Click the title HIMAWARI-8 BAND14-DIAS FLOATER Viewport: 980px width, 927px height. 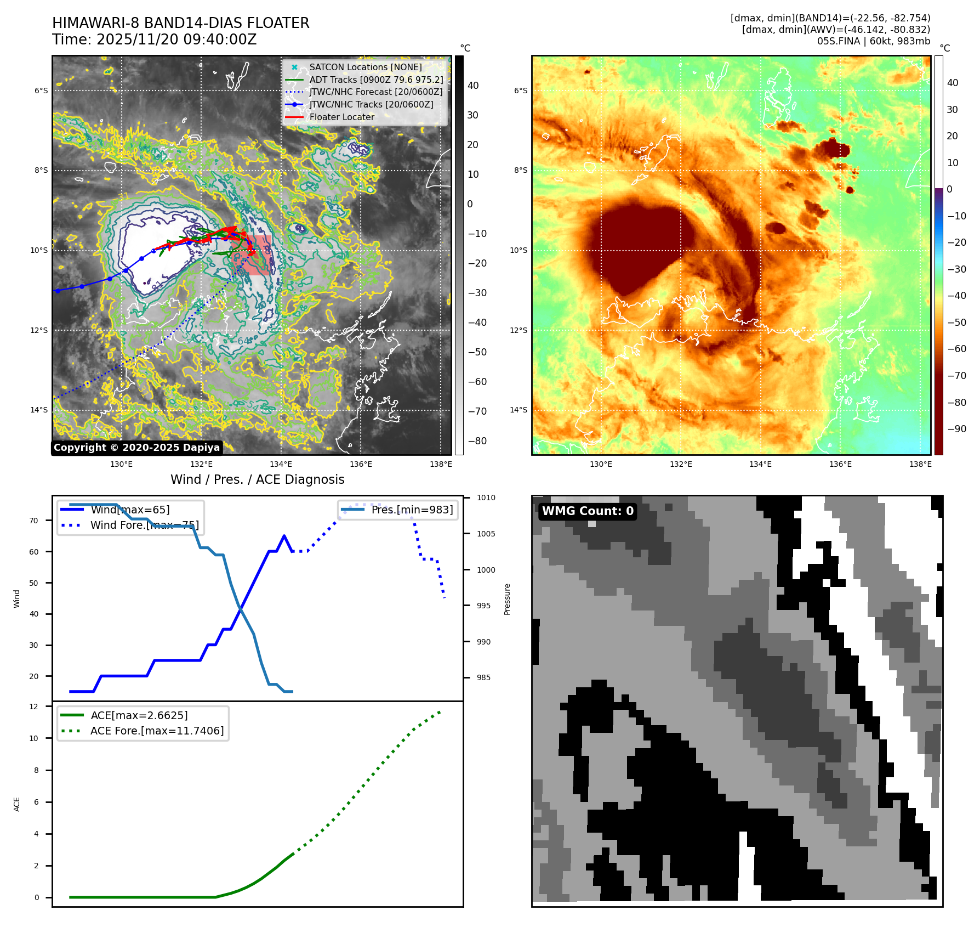pos(180,23)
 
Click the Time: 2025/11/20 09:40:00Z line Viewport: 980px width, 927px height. pos(154,39)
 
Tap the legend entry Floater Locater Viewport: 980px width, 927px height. pos(341,117)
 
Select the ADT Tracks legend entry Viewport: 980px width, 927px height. pos(376,80)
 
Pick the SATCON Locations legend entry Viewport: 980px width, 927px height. pos(365,67)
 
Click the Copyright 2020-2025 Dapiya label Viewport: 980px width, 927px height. pos(136,448)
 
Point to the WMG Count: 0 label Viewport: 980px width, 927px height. pos(587,511)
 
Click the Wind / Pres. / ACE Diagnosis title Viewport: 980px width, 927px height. pos(257,479)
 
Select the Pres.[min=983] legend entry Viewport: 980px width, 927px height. pos(412,510)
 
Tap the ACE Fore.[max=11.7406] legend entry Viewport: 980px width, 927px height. pos(157,731)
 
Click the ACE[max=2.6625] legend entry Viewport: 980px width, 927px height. pos(139,715)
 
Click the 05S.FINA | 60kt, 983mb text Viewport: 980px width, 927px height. pos(873,41)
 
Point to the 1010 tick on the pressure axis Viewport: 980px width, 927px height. pos(486,498)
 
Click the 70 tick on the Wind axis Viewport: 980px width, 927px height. pos(34,521)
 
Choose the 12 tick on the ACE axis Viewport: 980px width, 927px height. pos(34,706)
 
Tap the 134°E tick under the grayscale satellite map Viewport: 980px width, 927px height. pos(281,464)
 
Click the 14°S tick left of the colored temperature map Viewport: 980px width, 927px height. pos(518,410)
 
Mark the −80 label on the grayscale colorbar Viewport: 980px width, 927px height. pos(477,441)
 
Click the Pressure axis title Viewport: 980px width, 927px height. pos(507,599)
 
